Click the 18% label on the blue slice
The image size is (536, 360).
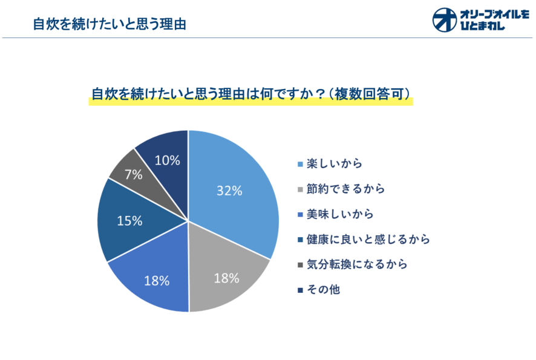click(157, 280)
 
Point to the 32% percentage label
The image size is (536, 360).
click(229, 190)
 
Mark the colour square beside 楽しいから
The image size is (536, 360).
click(300, 164)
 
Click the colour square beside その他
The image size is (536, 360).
click(300, 290)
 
